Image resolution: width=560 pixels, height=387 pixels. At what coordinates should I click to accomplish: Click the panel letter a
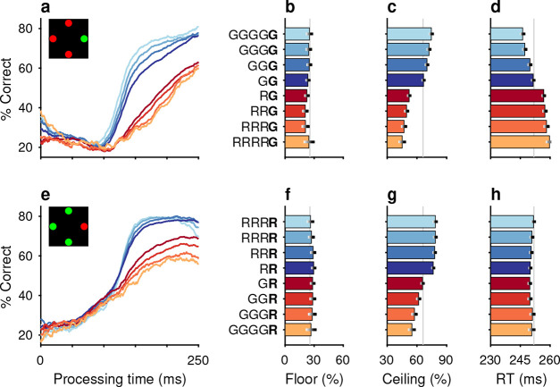click(x=46, y=7)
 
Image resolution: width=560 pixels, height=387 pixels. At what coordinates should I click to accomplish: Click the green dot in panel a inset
click(x=84, y=38)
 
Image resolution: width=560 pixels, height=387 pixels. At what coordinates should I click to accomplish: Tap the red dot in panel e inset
click(x=84, y=226)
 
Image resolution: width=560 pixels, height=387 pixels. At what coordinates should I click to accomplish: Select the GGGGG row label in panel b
click(x=254, y=35)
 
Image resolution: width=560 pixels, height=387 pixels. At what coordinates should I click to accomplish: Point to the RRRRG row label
click(x=255, y=142)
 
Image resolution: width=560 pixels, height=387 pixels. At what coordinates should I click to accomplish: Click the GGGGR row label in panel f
click(x=254, y=330)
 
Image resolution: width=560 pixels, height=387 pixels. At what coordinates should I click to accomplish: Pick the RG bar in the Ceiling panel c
click(x=397, y=96)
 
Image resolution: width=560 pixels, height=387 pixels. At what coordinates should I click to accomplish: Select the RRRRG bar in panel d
click(x=520, y=142)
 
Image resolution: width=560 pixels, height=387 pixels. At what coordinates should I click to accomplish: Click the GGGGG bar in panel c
click(x=409, y=34)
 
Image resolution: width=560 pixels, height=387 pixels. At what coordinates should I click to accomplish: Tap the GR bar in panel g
click(x=405, y=283)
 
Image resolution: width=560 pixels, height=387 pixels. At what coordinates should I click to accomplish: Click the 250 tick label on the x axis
click(x=198, y=360)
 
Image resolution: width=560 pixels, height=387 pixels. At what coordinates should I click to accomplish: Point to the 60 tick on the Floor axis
click(x=343, y=360)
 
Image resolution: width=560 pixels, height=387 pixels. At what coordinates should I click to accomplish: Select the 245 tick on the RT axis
click(x=520, y=360)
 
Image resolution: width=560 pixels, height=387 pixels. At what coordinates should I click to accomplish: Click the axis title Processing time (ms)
click(x=120, y=379)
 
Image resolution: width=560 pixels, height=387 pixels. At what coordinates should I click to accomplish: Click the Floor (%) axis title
click(x=314, y=379)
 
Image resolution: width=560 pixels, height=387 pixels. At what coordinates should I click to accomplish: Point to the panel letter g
click(x=392, y=196)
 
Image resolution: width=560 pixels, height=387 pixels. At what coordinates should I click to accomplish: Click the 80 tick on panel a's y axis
click(x=27, y=29)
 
